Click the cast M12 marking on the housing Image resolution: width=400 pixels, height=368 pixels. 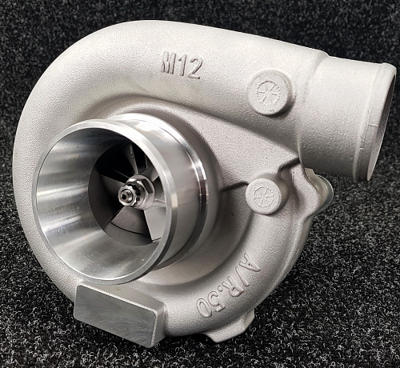tap(181, 65)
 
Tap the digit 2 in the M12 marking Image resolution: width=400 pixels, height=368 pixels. tap(193, 68)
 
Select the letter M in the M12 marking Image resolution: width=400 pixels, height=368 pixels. tap(169, 62)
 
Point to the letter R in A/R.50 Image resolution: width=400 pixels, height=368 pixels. tap(233, 282)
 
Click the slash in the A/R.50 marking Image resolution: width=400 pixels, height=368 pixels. tap(241, 273)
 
